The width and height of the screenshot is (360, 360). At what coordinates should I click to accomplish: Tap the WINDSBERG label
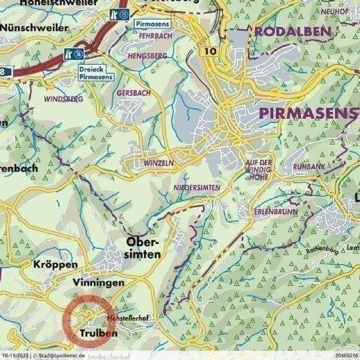coord(63,99)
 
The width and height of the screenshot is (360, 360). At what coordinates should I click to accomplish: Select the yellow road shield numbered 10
coord(211,52)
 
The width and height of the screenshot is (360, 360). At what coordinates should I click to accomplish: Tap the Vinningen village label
coord(97,283)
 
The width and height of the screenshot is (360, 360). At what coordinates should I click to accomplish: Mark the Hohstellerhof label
coord(129,318)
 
